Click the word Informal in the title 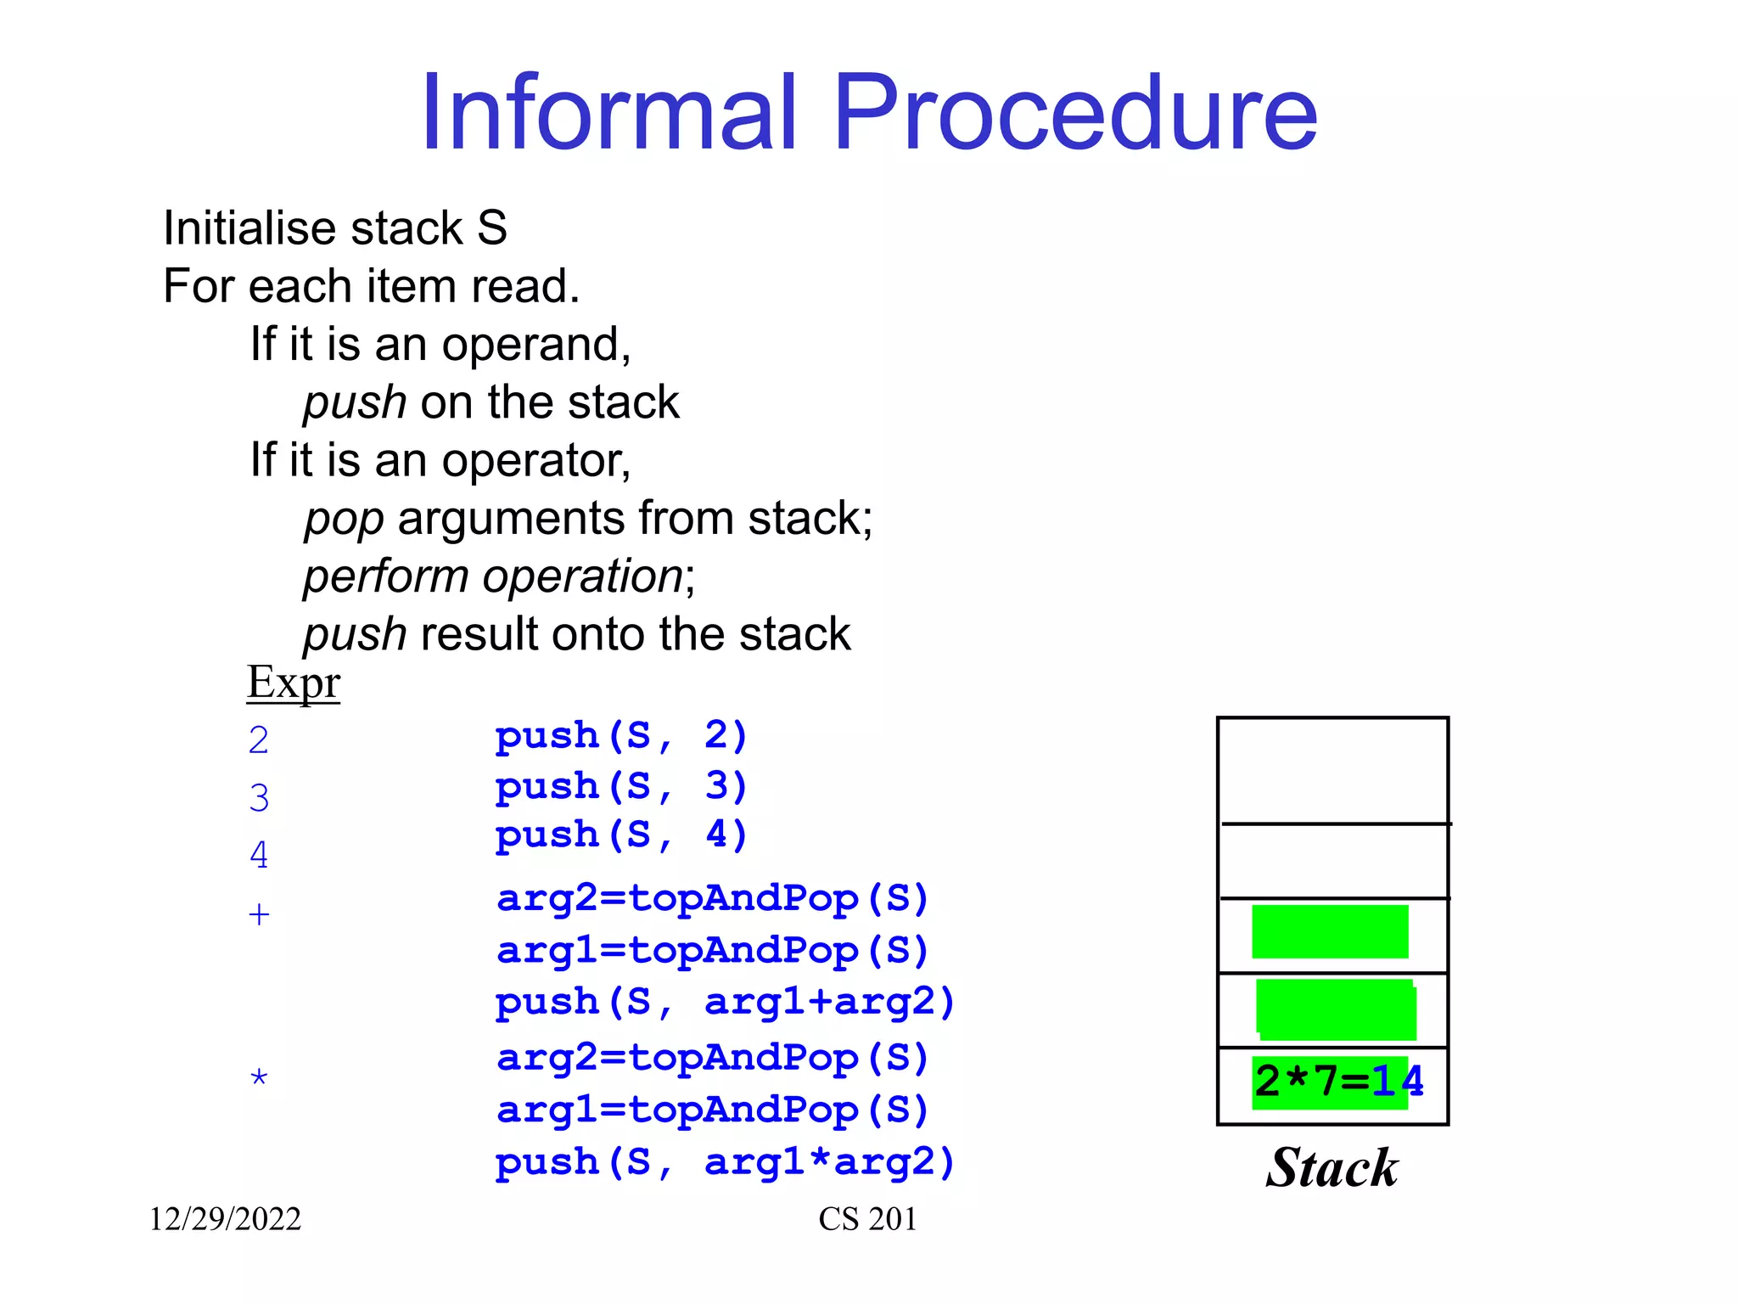click(609, 113)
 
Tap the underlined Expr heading click(293, 682)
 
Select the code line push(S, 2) click(620, 735)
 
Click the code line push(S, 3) click(620, 785)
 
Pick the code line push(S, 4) click(620, 835)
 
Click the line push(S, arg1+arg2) click(725, 1002)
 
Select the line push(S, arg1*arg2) click(725, 1161)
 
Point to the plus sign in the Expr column click(259, 914)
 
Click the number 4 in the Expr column click(259, 855)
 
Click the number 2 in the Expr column click(259, 740)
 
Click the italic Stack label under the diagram click(1332, 1168)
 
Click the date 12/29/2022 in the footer click(225, 1219)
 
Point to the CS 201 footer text click(867, 1219)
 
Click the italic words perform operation click(493, 576)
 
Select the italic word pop click(344, 520)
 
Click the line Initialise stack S click(335, 228)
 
